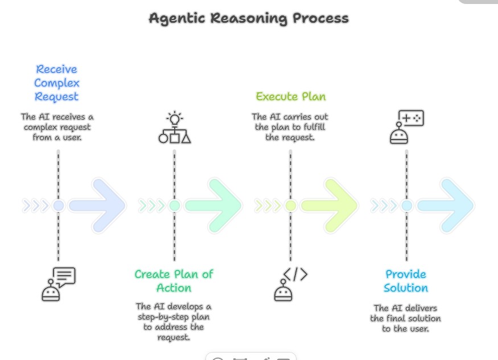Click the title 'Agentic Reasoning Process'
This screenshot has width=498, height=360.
coord(249,18)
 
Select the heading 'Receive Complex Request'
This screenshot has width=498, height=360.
coord(56,83)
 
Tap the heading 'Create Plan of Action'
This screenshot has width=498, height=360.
coord(174,281)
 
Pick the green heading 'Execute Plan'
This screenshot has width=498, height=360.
coord(290,96)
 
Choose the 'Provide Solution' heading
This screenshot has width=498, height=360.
coord(406,281)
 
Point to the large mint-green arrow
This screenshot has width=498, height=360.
coord(214,205)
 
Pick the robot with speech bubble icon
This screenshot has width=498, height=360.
coord(58,284)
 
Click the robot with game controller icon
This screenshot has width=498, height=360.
coord(406,127)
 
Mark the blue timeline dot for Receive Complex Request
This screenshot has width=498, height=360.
coord(58,206)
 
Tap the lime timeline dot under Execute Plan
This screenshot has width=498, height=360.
coord(290,206)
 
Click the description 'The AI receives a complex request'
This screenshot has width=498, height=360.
coord(57,127)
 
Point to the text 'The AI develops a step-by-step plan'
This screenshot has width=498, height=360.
coord(174,322)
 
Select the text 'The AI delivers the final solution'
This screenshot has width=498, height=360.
coord(406,318)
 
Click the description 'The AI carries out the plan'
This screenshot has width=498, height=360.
coord(290,127)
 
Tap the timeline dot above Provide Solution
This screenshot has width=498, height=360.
coord(406,206)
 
